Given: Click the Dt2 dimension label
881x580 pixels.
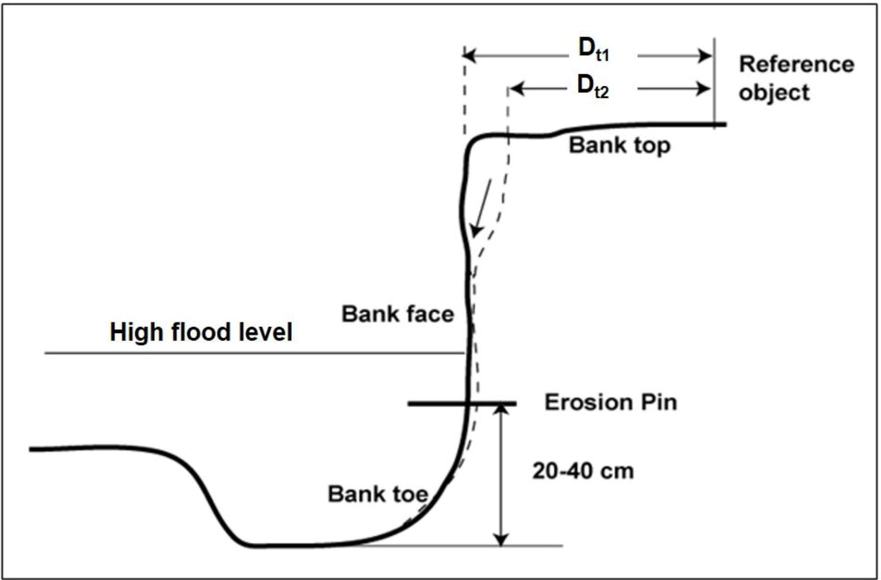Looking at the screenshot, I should coord(593,87).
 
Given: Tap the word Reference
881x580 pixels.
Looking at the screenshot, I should coord(797,65).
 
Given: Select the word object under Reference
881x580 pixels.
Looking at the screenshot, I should coord(773,92).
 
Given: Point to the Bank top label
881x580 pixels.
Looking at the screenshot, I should coord(619,145).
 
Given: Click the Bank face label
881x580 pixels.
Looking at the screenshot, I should coord(397,313).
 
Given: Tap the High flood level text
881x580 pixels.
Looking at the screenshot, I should coord(200,333).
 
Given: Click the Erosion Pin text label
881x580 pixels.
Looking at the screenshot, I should coord(610,402).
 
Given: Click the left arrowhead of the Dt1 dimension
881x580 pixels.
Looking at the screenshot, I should coord(470,56).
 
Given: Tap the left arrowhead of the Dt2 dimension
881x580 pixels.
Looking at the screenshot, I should coord(514,89).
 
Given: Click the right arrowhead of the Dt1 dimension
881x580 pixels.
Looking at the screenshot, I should coord(707,56).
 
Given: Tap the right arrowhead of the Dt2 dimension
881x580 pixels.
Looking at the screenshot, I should coord(707,89).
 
